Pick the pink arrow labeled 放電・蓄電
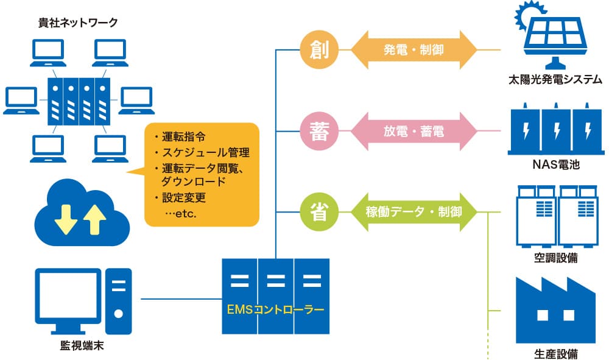click(414, 131)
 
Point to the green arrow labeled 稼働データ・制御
click(414, 212)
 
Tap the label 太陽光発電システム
click(555, 80)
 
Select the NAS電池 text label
click(555, 164)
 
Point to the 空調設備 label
click(555, 258)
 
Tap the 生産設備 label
click(555, 353)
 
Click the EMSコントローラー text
click(275, 309)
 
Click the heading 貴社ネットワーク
click(77, 23)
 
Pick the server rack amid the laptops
click(79, 100)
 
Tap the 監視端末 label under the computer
click(81, 346)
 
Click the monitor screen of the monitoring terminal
click(68, 296)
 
